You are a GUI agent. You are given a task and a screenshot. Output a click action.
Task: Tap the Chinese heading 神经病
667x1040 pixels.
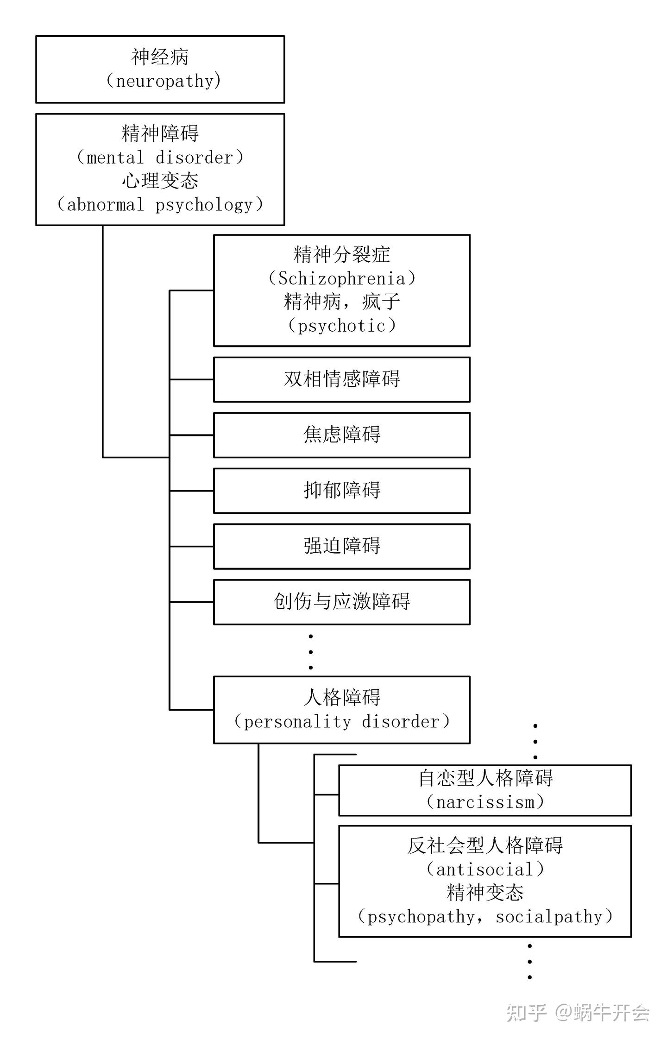tap(160, 57)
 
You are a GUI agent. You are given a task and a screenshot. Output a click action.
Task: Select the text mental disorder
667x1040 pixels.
tap(160, 158)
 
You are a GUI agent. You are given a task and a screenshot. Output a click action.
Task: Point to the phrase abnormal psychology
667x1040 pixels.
tap(160, 205)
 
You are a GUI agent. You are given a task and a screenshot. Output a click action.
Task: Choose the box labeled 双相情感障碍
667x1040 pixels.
tap(342, 379)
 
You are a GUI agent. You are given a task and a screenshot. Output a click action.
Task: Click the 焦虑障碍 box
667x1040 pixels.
tap(342, 435)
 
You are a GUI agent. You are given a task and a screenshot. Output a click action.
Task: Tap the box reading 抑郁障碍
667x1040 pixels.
tap(342, 491)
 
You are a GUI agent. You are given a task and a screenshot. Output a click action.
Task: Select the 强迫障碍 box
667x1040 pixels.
tap(342, 546)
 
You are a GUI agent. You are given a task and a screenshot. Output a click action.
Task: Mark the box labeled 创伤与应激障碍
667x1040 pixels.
tap(342, 602)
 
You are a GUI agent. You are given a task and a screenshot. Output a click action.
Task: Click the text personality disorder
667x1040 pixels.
tap(342, 722)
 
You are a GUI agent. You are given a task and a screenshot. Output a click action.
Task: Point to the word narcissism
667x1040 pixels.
tap(485, 802)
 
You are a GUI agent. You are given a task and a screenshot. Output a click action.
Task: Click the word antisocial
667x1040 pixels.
tap(485, 870)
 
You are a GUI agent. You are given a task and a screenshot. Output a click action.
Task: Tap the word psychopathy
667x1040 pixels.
tap(421, 917)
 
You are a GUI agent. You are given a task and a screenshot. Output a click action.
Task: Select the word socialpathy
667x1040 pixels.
tap(549, 917)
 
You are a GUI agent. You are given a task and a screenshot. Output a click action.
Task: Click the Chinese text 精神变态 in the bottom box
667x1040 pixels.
tap(485, 893)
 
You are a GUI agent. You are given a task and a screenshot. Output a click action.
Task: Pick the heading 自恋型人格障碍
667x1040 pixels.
tap(485, 778)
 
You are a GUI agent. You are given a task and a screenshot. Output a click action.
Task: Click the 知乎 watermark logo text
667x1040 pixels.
tap(526, 1013)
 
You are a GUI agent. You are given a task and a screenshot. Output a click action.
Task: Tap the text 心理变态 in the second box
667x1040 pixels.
tap(160, 181)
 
